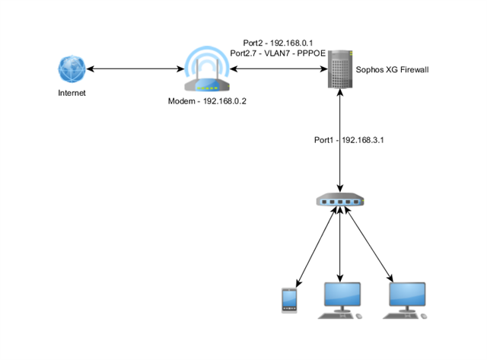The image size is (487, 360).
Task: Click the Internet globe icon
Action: point(72,69)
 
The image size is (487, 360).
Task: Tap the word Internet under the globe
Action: point(72,93)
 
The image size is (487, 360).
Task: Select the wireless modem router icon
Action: point(207,69)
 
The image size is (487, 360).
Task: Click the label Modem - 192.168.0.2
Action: point(207,101)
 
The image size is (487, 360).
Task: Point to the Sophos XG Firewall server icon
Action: point(340,69)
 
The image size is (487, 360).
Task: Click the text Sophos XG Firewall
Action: point(392,69)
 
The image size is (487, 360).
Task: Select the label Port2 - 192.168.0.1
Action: point(278,43)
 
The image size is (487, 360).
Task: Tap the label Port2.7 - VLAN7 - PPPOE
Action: point(278,53)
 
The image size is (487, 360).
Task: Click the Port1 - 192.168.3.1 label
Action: point(349,140)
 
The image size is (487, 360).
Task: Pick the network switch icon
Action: point(340,199)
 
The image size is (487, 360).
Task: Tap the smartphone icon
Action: point(289,301)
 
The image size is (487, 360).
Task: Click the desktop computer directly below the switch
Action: point(340,301)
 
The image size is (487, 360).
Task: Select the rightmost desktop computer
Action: point(405,301)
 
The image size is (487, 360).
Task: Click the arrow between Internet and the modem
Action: point(135,69)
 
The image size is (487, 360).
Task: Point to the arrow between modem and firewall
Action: point(279,69)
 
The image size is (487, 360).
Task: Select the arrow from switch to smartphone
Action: point(317,247)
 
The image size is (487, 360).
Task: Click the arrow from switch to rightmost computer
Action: point(369,244)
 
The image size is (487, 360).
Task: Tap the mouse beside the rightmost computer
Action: point(424,316)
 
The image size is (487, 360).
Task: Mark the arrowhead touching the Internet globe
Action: point(90,69)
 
